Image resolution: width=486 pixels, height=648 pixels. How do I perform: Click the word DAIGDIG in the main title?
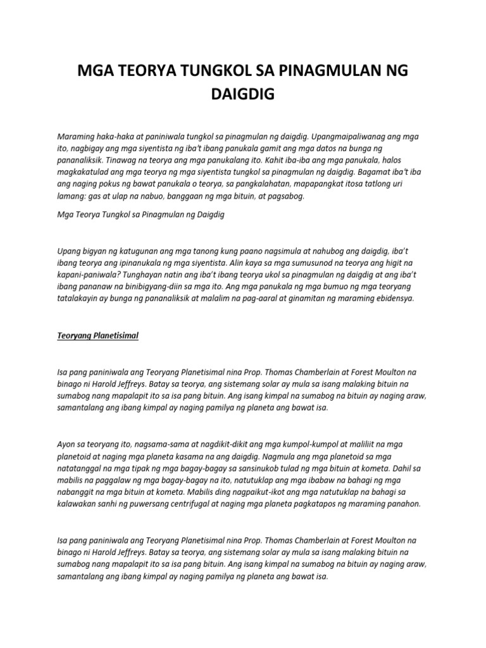243,96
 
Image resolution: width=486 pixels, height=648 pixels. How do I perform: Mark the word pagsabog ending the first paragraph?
287,197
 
